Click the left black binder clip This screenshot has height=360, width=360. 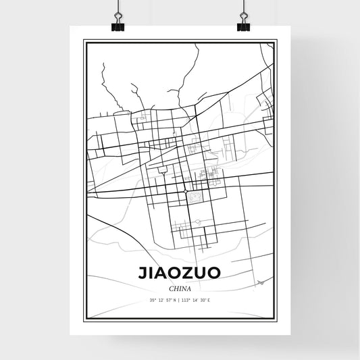click(x=117, y=25)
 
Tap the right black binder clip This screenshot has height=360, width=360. click(x=243, y=25)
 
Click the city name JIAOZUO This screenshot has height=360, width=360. click(x=180, y=274)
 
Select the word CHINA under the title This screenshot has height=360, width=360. click(x=180, y=288)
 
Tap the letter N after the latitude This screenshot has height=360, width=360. click(x=174, y=299)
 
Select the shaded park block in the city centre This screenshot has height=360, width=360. click(x=196, y=197)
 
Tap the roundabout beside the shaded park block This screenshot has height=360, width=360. click(x=186, y=192)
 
